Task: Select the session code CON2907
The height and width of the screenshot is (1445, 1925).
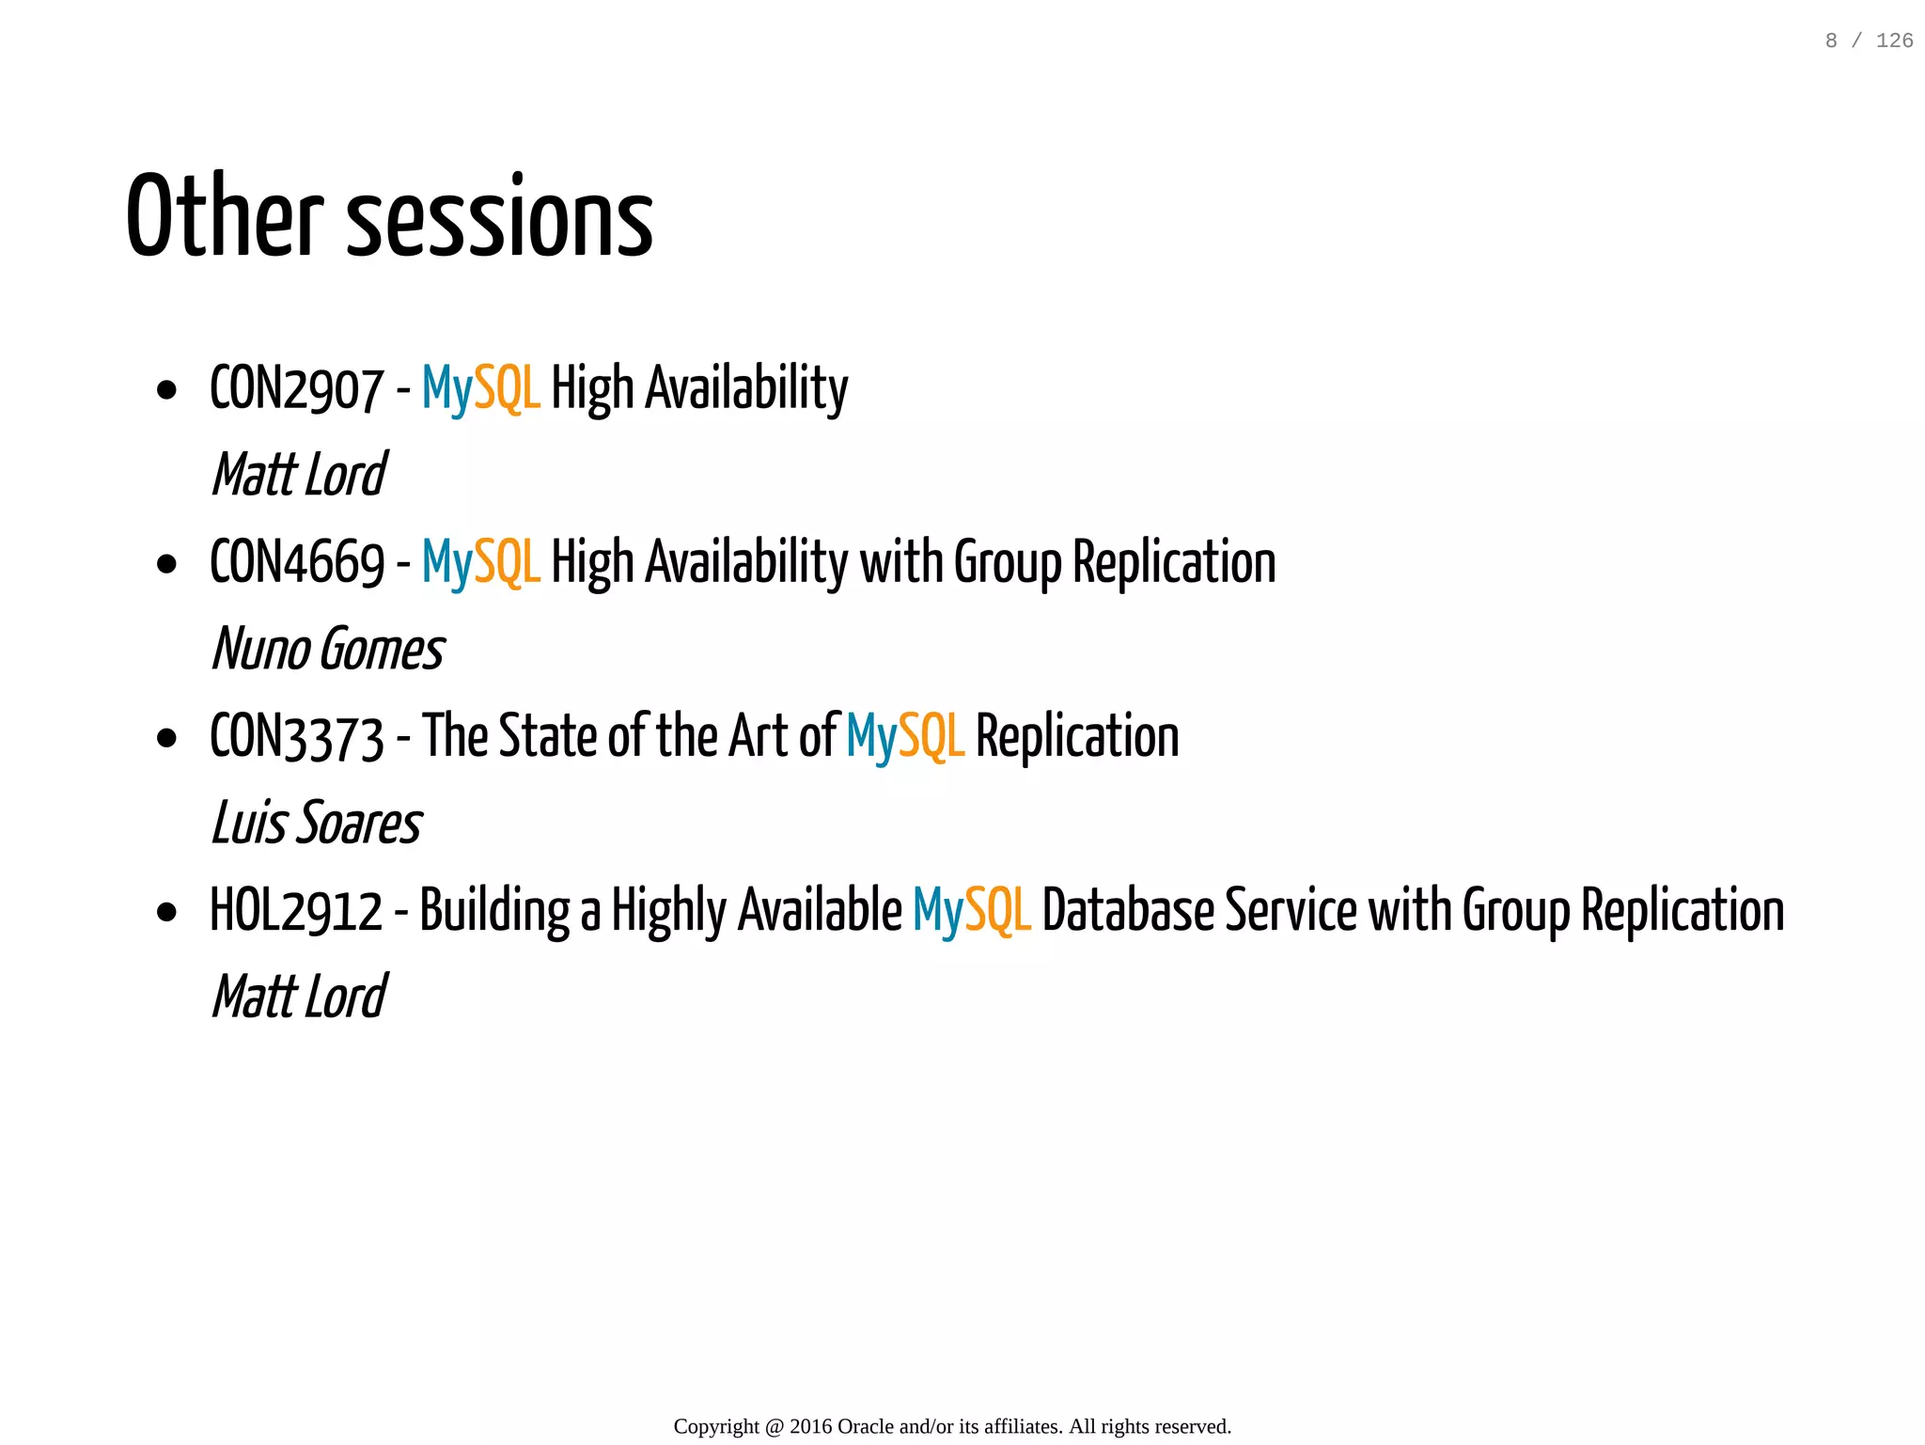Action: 296,388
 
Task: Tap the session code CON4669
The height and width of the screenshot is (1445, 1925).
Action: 297,562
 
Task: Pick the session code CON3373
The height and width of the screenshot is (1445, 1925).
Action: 297,736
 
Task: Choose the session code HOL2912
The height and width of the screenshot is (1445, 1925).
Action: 296,911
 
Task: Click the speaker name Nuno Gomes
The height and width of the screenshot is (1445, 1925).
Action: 328,649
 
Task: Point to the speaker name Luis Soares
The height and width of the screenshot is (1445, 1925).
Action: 317,823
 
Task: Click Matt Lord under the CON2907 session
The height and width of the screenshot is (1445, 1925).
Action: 299,474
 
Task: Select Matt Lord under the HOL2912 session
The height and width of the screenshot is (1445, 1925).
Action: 299,997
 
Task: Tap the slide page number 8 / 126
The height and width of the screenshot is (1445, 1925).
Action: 1869,40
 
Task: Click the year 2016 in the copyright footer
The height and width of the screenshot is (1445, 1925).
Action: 810,1426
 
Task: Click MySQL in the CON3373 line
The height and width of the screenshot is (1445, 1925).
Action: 904,736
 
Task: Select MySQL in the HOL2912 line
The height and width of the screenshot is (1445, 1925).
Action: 971,911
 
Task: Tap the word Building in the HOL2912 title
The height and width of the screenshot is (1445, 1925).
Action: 494,911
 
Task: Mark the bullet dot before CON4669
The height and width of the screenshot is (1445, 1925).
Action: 167,564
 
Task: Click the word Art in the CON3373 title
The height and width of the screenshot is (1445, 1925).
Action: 758,736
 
